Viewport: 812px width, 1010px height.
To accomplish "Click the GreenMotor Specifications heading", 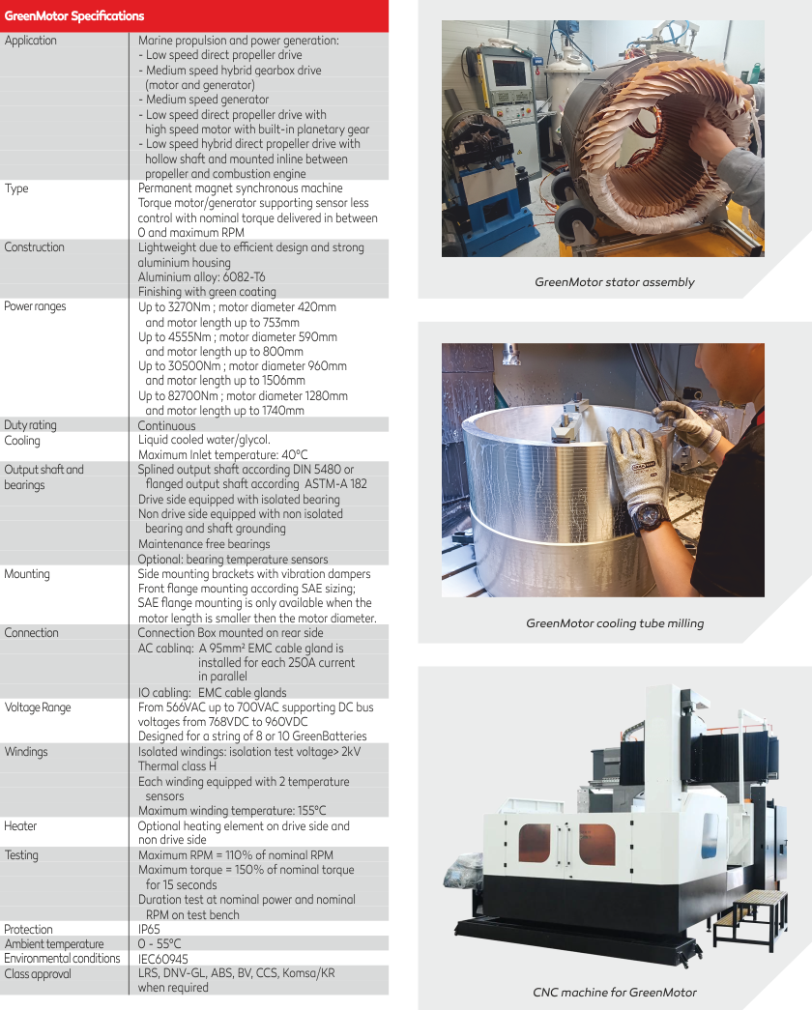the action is [74, 16].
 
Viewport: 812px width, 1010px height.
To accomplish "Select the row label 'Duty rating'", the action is [30, 425].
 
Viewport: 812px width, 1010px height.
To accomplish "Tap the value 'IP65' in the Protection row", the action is [149, 929].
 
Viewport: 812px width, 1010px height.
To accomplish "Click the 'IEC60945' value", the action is [163, 959].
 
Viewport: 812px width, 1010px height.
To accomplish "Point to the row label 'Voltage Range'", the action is [38, 707].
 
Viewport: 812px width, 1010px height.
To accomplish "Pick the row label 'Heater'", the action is [20, 825].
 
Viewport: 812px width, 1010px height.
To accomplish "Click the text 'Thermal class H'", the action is [177, 765].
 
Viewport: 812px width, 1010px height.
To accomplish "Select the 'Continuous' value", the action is [166, 426].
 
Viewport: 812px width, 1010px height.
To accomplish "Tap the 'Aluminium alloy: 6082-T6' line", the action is [202, 277].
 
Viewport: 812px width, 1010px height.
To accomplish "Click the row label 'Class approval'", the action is [38, 974].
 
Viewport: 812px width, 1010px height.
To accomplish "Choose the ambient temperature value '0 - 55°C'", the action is [159, 943].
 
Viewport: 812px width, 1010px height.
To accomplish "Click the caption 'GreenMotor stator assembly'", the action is [614, 282].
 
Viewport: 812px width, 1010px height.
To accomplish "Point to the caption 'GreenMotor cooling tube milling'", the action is [615, 623].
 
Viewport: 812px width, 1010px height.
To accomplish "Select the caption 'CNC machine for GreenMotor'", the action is [615, 993].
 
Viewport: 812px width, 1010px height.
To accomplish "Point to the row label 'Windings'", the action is [26, 752].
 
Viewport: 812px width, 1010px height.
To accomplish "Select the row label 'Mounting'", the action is [27, 574].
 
